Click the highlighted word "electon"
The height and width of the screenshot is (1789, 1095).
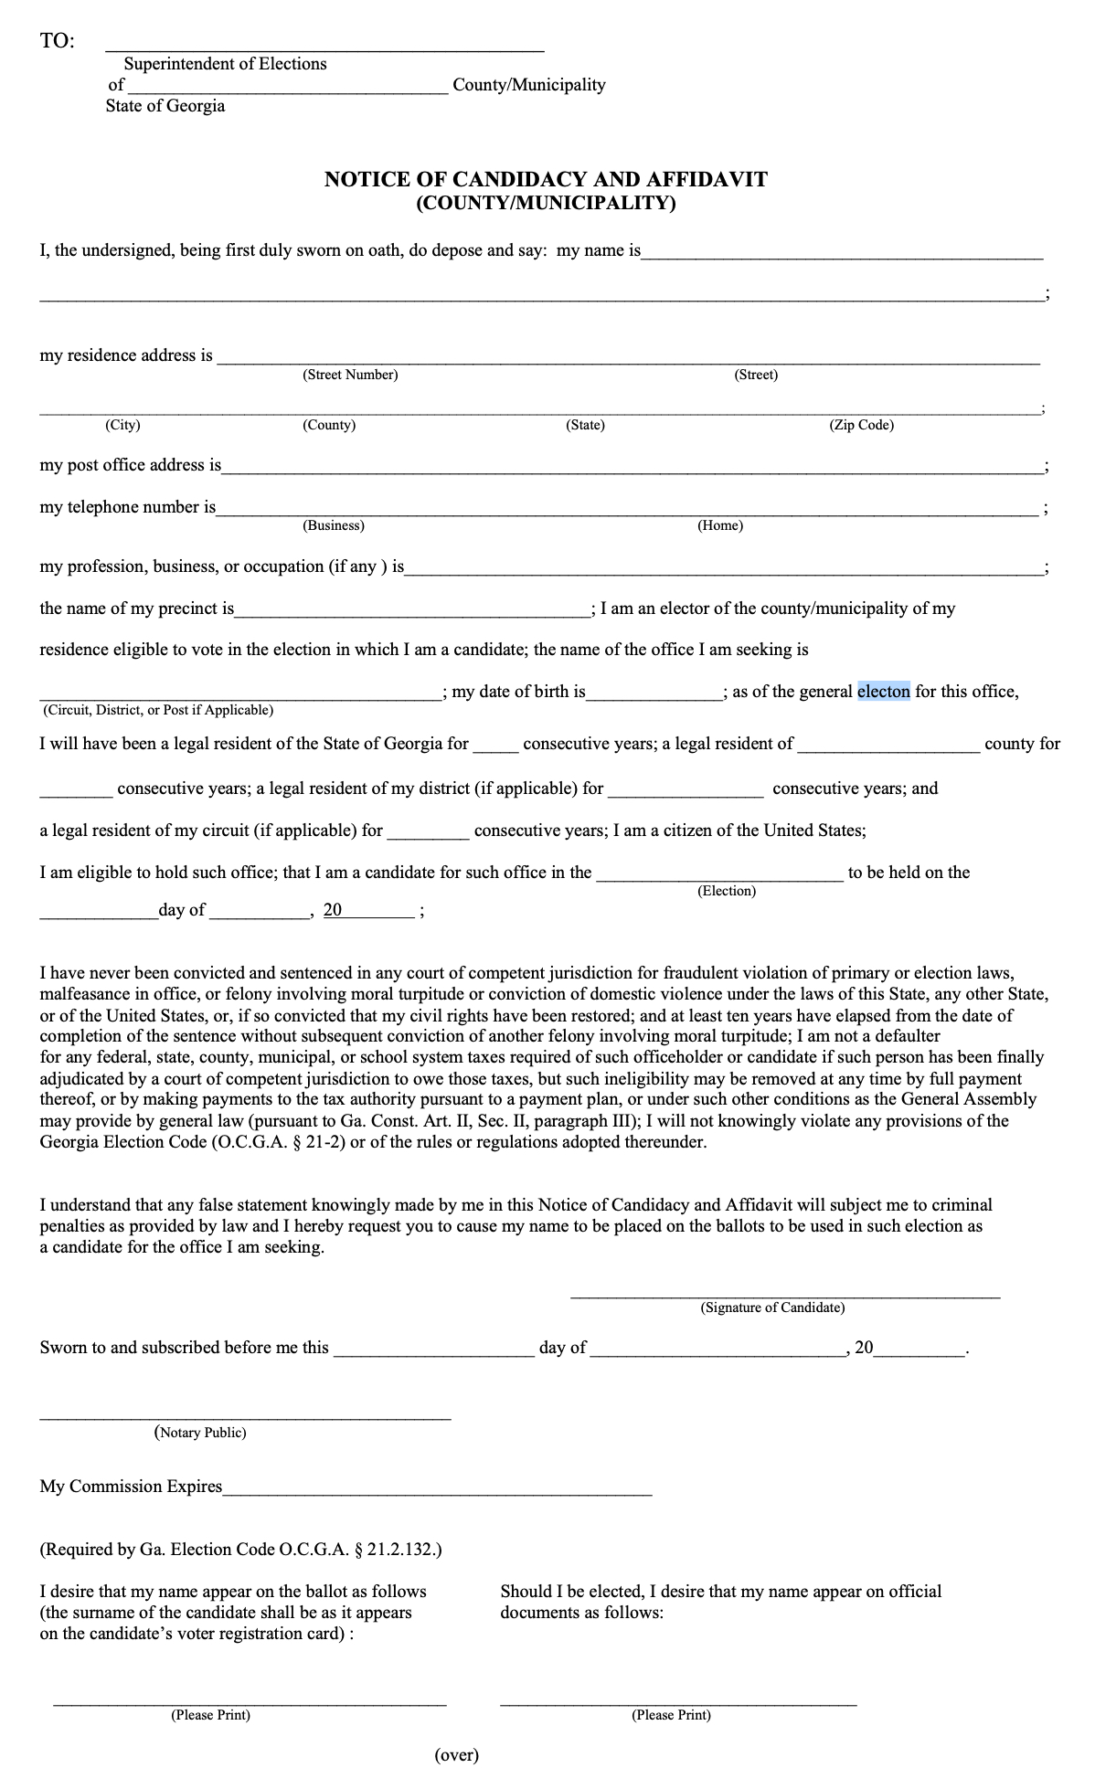[883, 692]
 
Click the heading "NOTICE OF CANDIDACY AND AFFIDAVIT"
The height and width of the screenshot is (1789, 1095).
[546, 179]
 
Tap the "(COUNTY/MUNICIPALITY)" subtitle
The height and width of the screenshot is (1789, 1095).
[546, 202]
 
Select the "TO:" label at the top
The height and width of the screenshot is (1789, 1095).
[58, 41]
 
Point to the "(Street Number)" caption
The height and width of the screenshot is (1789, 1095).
[350, 375]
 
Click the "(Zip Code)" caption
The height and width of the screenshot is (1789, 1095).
[861, 425]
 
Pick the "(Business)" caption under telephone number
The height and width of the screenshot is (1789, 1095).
[334, 525]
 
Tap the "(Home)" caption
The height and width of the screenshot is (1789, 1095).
[720, 525]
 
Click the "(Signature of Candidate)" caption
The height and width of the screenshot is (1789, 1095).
[772, 1307]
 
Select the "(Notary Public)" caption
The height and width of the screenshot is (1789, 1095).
[200, 1432]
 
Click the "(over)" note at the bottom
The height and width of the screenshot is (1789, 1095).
[456, 1754]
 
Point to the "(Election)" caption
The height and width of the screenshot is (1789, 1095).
[727, 891]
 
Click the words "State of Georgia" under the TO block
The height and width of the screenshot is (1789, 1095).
[165, 106]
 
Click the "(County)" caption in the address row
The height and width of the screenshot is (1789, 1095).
[329, 425]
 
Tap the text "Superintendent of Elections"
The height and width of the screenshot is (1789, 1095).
[225, 64]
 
